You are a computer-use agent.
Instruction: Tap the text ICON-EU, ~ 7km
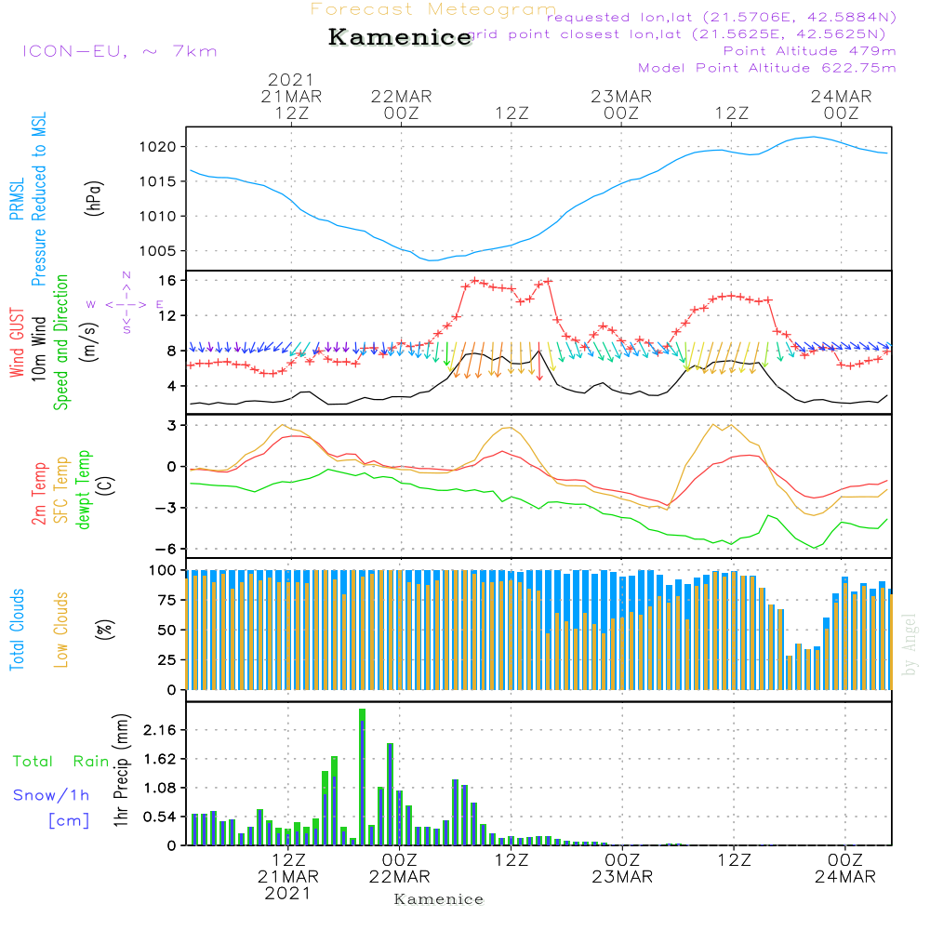tap(119, 51)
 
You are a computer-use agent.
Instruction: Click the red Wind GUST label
tap(17, 344)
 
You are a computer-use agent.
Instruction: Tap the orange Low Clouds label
tap(62, 629)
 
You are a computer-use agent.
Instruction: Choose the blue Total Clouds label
tap(17, 629)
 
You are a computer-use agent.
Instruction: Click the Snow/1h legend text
tap(51, 795)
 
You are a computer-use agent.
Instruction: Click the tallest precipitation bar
tap(362, 777)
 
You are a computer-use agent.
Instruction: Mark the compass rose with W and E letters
tap(126, 303)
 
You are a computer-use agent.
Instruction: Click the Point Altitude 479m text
tap(809, 50)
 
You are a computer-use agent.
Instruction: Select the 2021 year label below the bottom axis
tap(287, 894)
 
